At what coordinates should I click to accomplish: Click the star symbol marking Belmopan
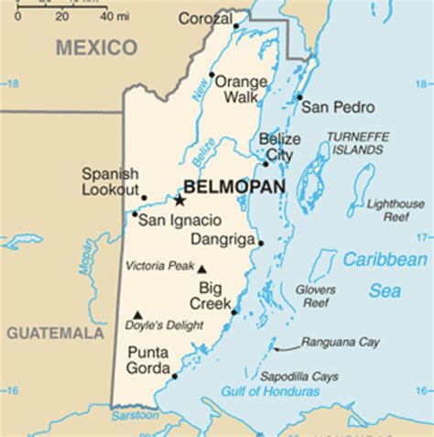point(180,201)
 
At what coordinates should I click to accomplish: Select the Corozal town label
point(205,18)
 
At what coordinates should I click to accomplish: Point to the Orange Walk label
point(240,89)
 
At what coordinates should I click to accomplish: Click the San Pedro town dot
point(299,96)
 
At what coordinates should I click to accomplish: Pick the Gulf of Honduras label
point(270,391)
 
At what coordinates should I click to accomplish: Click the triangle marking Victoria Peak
point(202,269)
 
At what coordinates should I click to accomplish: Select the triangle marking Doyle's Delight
point(138,313)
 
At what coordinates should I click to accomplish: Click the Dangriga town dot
point(261,243)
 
